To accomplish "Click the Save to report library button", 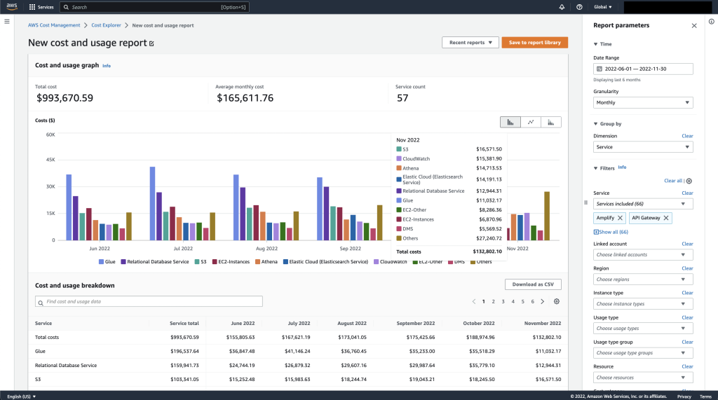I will point(534,42).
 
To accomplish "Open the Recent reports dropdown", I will point(470,42).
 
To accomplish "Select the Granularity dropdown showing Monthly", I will point(643,102).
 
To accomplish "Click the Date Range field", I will point(643,69).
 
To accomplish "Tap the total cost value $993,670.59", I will point(65,98).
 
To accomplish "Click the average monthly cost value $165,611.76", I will point(245,98).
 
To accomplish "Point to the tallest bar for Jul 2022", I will point(152,203).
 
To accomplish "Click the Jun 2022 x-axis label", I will point(98,249).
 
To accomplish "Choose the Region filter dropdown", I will point(643,280).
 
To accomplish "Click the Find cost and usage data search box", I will point(149,301).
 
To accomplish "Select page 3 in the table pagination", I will point(503,301).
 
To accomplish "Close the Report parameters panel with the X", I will point(694,25).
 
